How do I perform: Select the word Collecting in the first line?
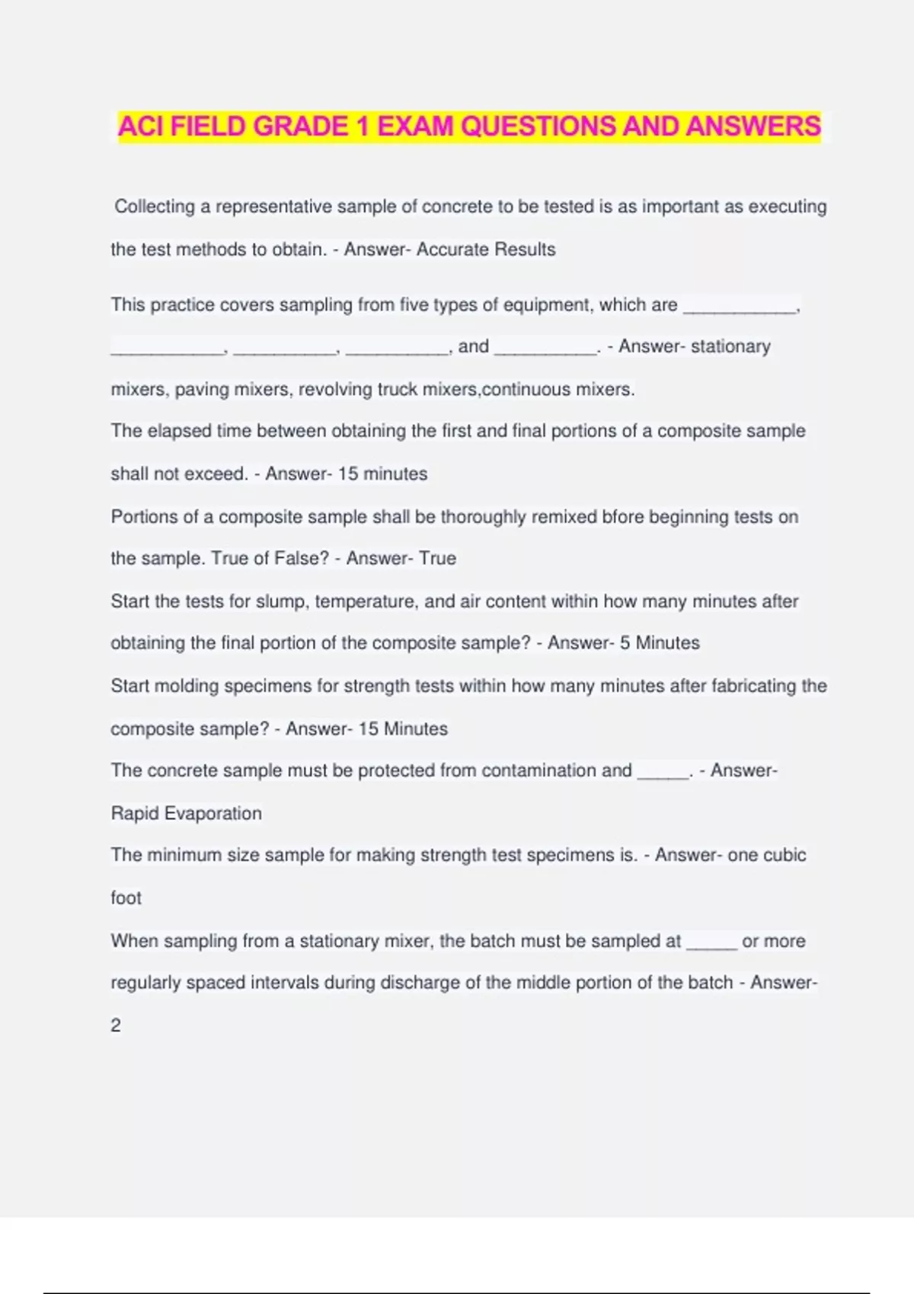click(x=155, y=207)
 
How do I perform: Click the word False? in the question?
click(x=302, y=559)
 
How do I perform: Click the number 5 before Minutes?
click(x=625, y=643)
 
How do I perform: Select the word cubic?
click(x=785, y=856)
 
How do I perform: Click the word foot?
click(x=126, y=898)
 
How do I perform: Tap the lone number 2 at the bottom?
click(x=116, y=1026)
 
